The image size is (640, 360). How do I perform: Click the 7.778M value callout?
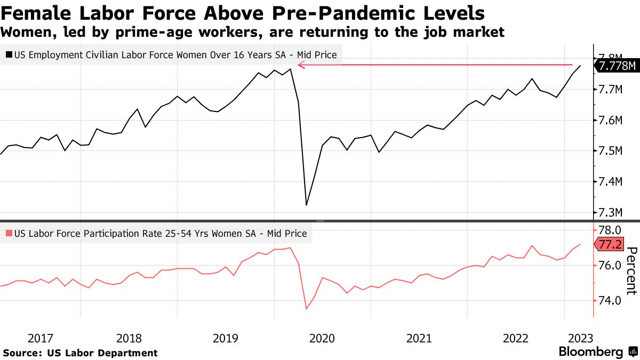point(617,66)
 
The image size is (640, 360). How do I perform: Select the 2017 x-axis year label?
point(41,338)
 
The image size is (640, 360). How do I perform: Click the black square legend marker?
point(9,54)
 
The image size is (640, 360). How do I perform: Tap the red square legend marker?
point(9,234)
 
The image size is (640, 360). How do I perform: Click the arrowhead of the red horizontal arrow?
point(301,65)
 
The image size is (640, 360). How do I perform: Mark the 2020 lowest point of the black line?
point(306,205)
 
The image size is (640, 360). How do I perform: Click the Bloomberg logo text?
point(590,352)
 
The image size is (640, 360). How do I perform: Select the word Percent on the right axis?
point(631,271)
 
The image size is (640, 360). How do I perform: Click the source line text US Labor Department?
point(102,353)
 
